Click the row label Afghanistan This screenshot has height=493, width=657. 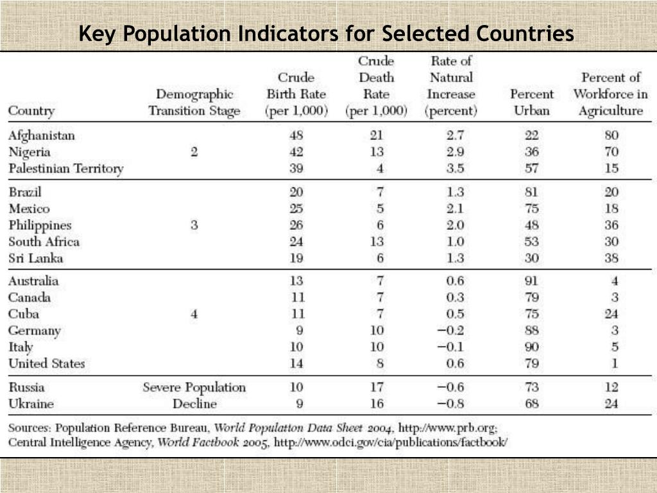click(x=42, y=135)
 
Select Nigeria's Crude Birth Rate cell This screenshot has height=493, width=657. click(x=296, y=152)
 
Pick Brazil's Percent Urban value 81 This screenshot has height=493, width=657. click(x=531, y=192)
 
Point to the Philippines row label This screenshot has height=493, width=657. click(x=40, y=225)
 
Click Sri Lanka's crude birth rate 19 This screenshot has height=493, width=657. click(x=296, y=259)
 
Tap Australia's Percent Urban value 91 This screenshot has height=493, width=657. click(x=531, y=281)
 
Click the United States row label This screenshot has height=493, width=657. click(x=46, y=363)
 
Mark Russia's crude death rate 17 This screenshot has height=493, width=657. click(x=377, y=388)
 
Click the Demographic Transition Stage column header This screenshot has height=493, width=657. click(x=194, y=103)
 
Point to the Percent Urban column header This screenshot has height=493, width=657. click(x=531, y=103)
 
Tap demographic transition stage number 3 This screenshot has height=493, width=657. click(x=194, y=225)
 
